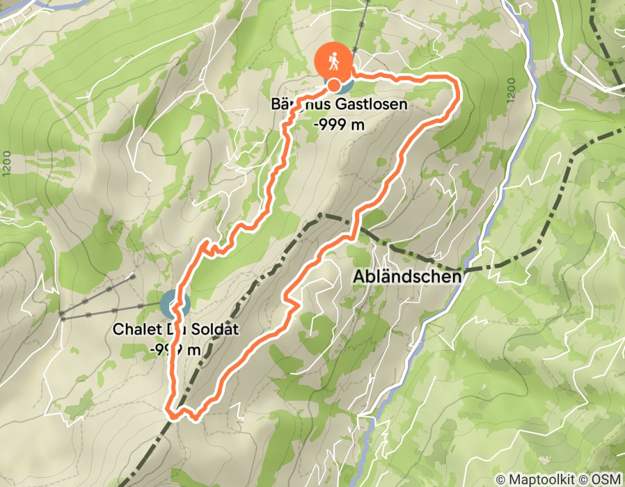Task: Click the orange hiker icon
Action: click(x=334, y=61)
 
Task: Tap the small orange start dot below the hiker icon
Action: click(x=334, y=86)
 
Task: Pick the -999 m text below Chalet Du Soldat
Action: click(x=175, y=349)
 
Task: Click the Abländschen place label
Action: click(x=407, y=277)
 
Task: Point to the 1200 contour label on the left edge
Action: click(x=6, y=163)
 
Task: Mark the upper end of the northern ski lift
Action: click(x=134, y=276)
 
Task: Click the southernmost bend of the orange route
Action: click(x=193, y=417)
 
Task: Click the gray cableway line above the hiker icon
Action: click(x=358, y=35)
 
